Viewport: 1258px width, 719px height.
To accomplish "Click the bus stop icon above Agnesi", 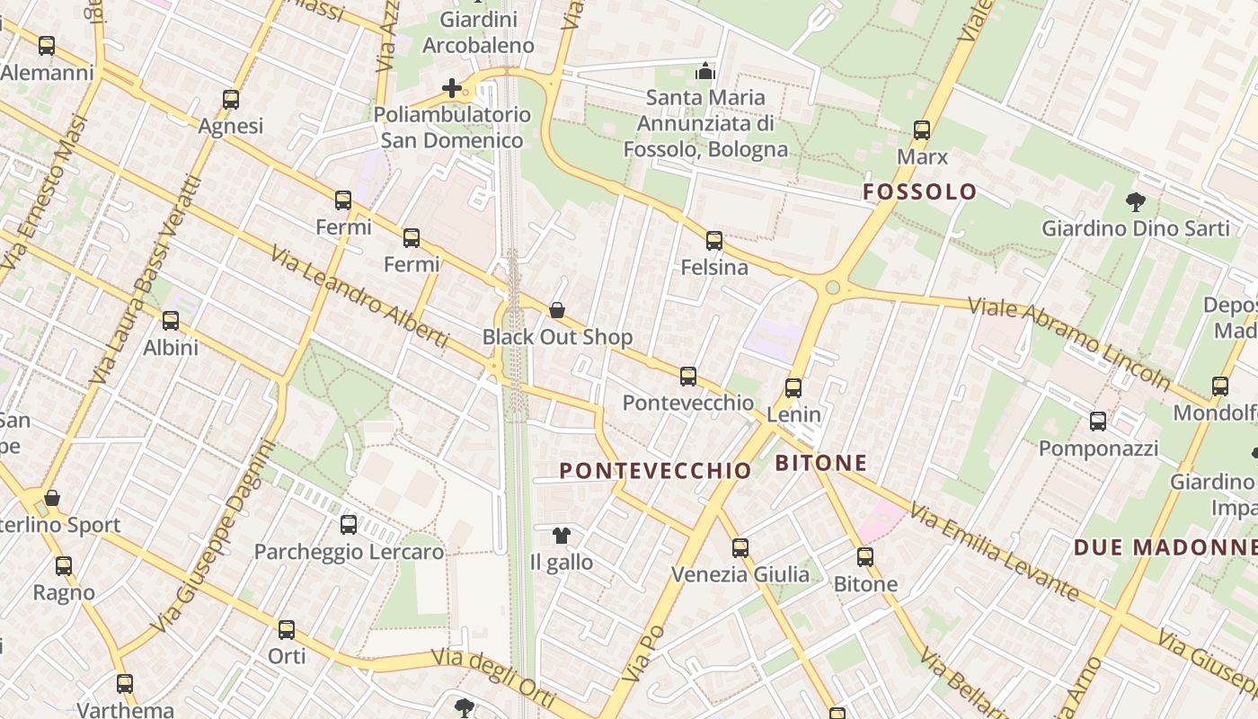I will pyautogui.click(x=231, y=100).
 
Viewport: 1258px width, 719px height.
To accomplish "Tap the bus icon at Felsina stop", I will pyautogui.click(x=714, y=241).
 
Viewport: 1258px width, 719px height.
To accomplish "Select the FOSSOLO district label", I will pyautogui.click(x=919, y=191).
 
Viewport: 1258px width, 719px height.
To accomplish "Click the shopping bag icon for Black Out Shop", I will pyautogui.click(x=557, y=311).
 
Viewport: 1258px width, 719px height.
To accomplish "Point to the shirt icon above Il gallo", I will pyautogui.click(x=562, y=537).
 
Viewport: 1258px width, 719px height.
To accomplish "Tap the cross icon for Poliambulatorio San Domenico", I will pyautogui.click(x=452, y=88).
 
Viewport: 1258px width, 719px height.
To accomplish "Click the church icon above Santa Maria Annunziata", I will pyautogui.click(x=706, y=70).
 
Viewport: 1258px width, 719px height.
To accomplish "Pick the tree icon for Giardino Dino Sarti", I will pyautogui.click(x=1136, y=202).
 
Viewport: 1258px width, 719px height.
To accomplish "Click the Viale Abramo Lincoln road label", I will pyautogui.click(x=1069, y=341).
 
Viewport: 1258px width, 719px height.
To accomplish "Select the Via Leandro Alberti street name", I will pyautogui.click(x=359, y=295).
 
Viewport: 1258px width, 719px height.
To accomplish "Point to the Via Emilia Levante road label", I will pyautogui.click(x=994, y=551).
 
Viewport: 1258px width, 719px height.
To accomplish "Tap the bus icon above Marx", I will pyautogui.click(x=922, y=130).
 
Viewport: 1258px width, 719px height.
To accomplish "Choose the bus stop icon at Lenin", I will pyautogui.click(x=793, y=388).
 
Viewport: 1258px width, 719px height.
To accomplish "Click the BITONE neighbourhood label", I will pyautogui.click(x=820, y=464).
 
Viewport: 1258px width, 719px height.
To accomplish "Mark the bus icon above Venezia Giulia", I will pyautogui.click(x=740, y=547).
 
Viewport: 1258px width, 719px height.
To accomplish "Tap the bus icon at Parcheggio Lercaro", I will pyautogui.click(x=349, y=525).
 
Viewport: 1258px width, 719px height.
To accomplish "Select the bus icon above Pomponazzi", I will pyautogui.click(x=1098, y=421).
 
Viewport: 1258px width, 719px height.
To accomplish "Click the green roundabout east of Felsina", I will pyautogui.click(x=833, y=288).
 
